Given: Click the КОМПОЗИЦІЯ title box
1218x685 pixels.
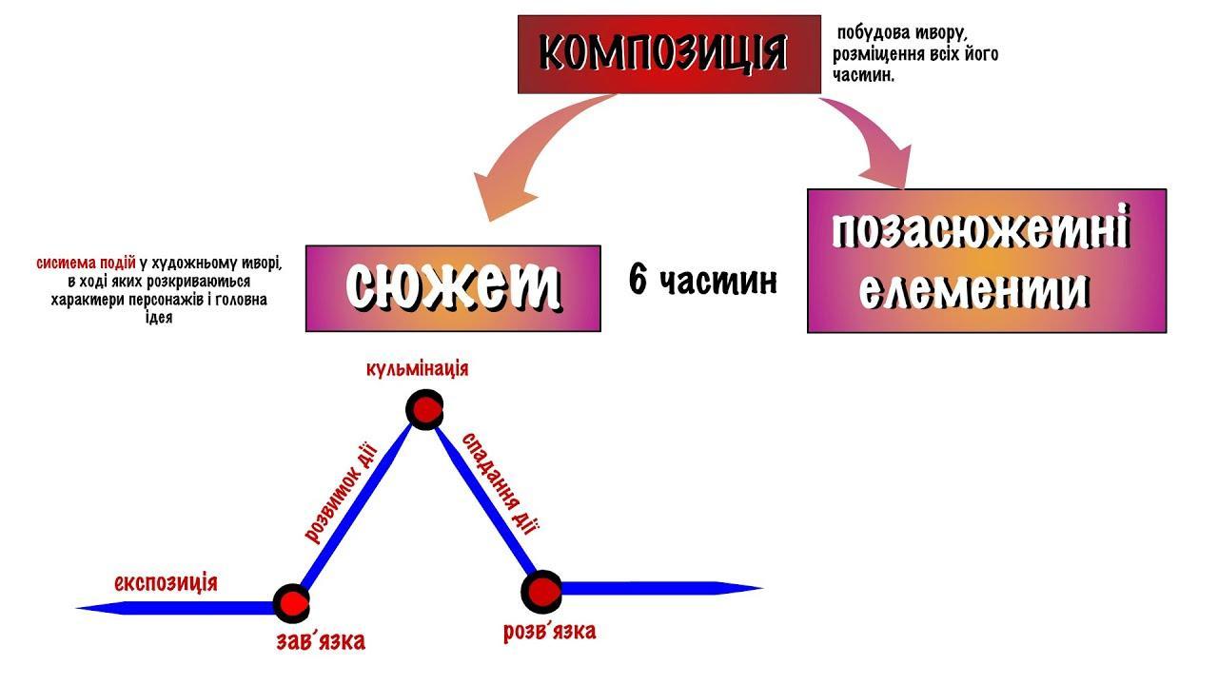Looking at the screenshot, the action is [669, 54].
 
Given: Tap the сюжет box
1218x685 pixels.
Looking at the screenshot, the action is [453, 288].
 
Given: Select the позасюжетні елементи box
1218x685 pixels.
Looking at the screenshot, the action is [986, 261].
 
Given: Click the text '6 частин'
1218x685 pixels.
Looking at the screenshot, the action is [703, 281].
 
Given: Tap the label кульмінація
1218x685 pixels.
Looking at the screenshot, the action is [417, 368].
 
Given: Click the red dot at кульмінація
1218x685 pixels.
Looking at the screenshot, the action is [424, 410].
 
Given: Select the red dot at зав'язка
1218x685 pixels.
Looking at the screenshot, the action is [290, 602].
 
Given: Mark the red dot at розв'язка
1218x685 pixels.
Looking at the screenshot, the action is [541, 591].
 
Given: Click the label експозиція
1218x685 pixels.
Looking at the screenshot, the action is [166, 582].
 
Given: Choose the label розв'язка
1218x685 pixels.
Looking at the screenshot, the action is [550, 632].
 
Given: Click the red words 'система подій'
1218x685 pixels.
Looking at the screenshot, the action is [87, 263].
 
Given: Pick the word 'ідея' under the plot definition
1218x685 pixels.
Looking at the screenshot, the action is [160, 319].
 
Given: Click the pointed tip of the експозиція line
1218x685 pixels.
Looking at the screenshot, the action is [82, 606].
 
